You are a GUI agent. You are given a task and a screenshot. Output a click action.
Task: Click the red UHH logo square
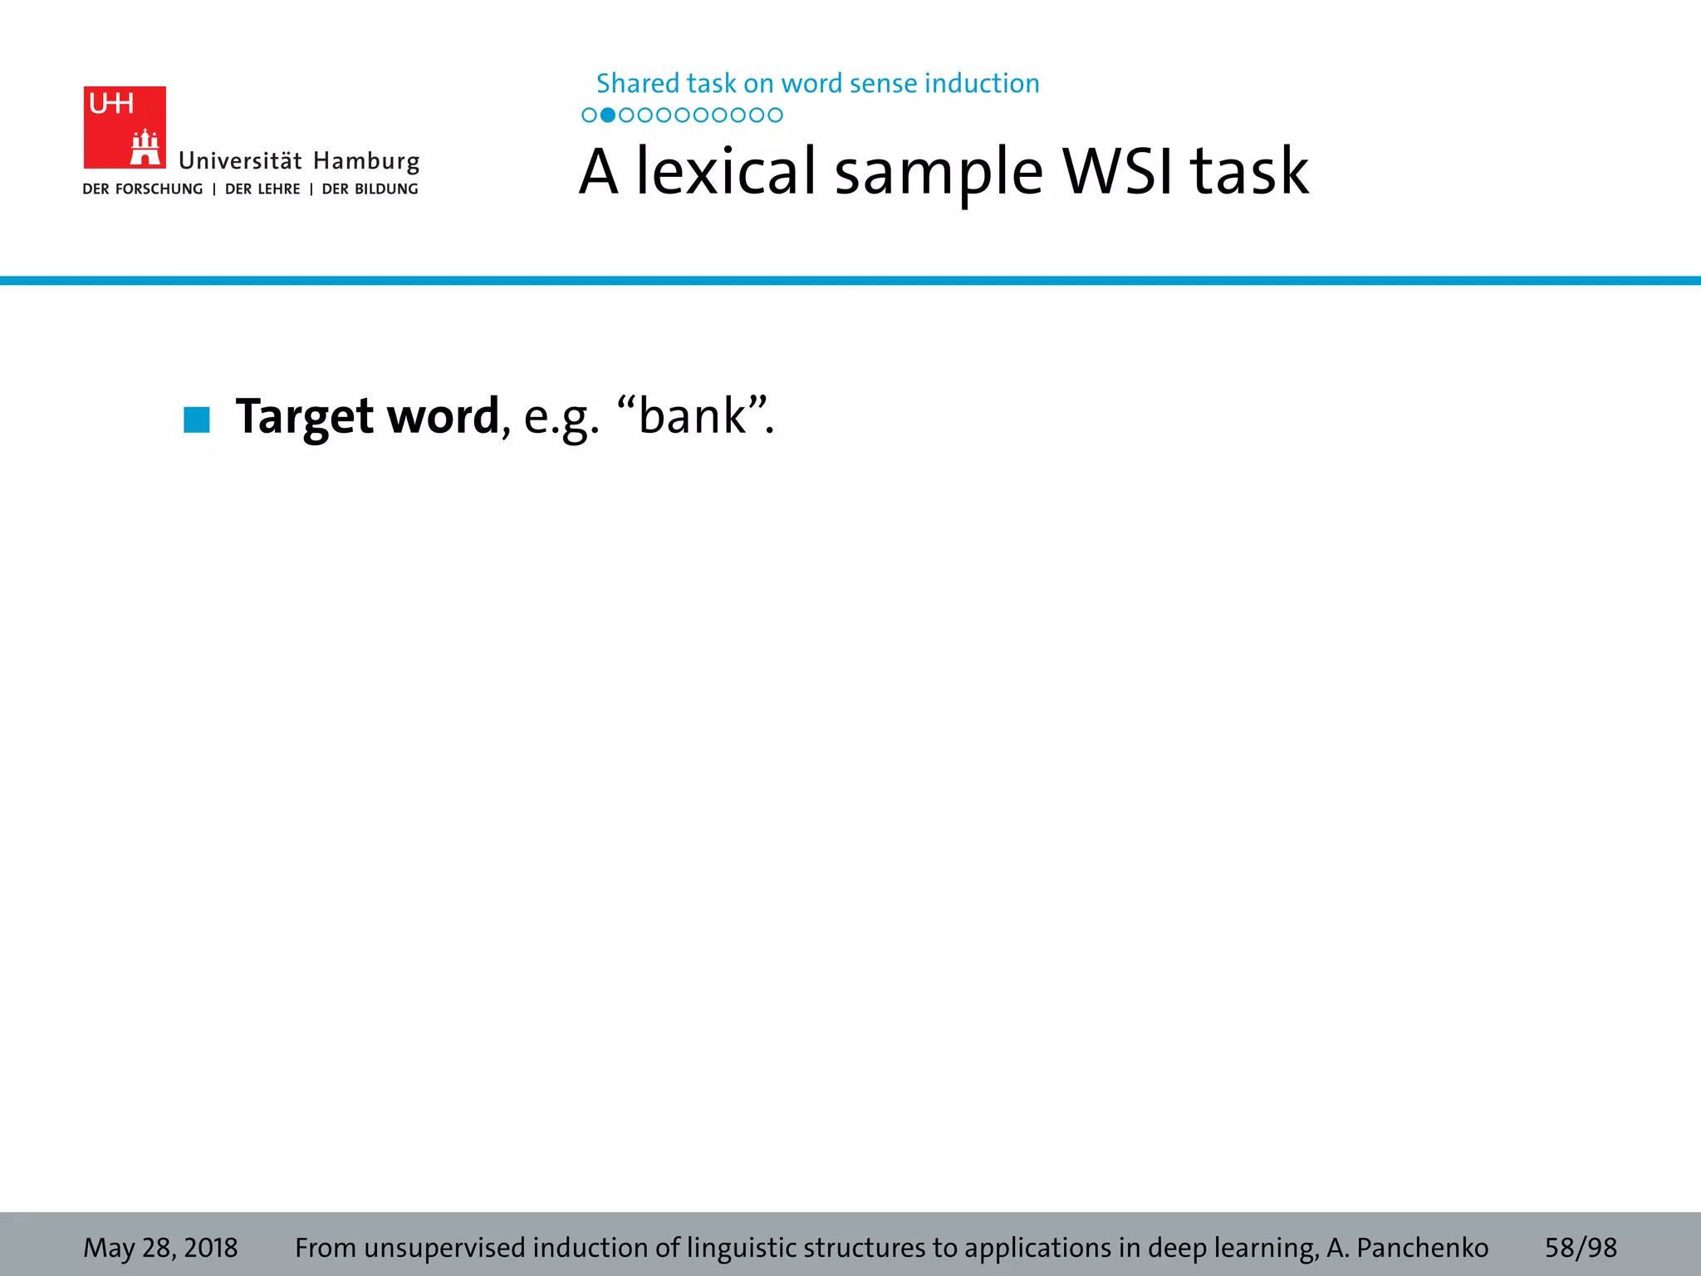tap(125, 127)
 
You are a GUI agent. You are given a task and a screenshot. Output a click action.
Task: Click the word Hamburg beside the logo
tap(366, 161)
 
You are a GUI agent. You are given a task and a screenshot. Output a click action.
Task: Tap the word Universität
tap(240, 160)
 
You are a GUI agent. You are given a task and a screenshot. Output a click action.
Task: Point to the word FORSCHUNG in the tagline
tap(159, 189)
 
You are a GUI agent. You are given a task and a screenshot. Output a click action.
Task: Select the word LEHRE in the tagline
tap(279, 189)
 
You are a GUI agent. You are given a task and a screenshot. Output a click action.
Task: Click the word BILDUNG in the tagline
tap(386, 189)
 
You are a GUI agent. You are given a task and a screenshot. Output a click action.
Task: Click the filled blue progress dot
tap(608, 115)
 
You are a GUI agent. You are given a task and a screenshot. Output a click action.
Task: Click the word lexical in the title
tap(727, 171)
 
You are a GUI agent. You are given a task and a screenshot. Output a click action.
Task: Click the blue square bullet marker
tap(197, 420)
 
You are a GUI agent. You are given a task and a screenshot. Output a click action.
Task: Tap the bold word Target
tap(304, 417)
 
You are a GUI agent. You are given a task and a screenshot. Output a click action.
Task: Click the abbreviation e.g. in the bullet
tap(561, 418)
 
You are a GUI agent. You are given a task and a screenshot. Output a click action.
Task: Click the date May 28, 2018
tap(160, 1248)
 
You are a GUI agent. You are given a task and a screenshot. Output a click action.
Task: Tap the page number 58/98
tap(1581, 1248)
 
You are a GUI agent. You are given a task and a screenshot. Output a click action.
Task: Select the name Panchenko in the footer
tap(1422, 1248)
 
